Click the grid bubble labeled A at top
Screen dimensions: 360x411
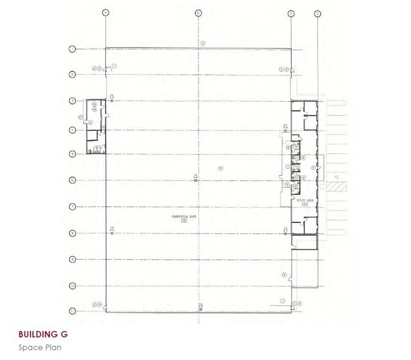pyautogui.click(x=106, y=12)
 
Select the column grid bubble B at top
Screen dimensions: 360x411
pyautogui.click(x=198, y=12)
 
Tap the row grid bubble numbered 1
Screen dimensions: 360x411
pyautogui.click(x=72, y=48)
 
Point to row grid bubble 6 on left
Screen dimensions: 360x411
pyautogui.click(x=72, y=180)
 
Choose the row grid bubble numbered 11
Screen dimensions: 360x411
pyautogui.click(x=72, y=311)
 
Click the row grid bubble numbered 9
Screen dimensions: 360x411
pyautogui.click(x=72, y=259)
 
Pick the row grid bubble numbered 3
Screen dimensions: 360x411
pyautogui.click(x=72, y=100)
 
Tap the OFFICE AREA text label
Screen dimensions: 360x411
pyautogui.click(x=304, y=200)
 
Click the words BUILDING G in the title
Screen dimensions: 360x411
pyautogui.click(x=43, y=335)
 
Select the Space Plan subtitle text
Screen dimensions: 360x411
pyautogui.click(x=40, y=347)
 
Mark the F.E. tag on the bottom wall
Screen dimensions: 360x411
pyautogui.click(x=200, y=306)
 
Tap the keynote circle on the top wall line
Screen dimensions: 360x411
pyautogui.click(x=203, y=42)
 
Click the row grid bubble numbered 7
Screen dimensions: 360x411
pyautogui.click(x=72, y=206)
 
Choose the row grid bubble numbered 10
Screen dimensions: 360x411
pyautogui.click(x=72, y=286)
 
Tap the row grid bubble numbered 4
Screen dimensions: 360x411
pyautogui.click(x=72, y=130)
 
